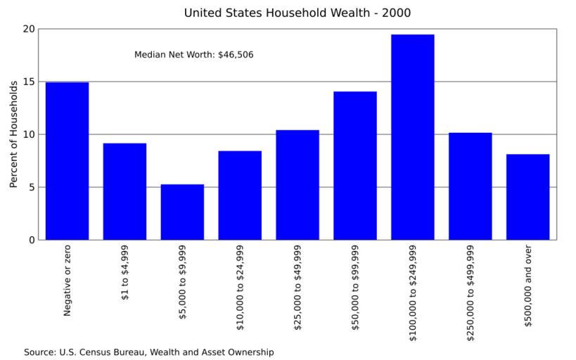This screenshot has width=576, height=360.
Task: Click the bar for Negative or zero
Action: [67, 161]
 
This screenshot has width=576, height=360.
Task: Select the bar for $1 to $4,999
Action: [124, 191]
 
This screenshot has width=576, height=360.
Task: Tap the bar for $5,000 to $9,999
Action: [182, 212]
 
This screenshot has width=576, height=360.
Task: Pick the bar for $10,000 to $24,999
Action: [240, 195]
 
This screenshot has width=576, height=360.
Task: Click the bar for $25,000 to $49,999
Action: [297, 185]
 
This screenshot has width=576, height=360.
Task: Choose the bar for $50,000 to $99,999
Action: [355, 165]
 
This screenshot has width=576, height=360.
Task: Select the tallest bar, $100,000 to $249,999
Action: [413, 137]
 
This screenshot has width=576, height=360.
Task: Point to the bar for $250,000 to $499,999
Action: [471, 186]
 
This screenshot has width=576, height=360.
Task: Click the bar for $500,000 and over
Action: [528, 197]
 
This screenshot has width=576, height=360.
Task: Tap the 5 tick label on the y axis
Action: [31, 187]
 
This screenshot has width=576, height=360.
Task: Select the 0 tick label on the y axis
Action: [31, 240]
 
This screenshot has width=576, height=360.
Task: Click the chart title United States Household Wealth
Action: [297, 13]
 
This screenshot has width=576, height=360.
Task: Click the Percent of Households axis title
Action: [13, 134]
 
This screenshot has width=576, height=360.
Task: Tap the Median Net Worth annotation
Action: [194, 54]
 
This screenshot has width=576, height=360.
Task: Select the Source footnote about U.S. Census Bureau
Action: [148, 352]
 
